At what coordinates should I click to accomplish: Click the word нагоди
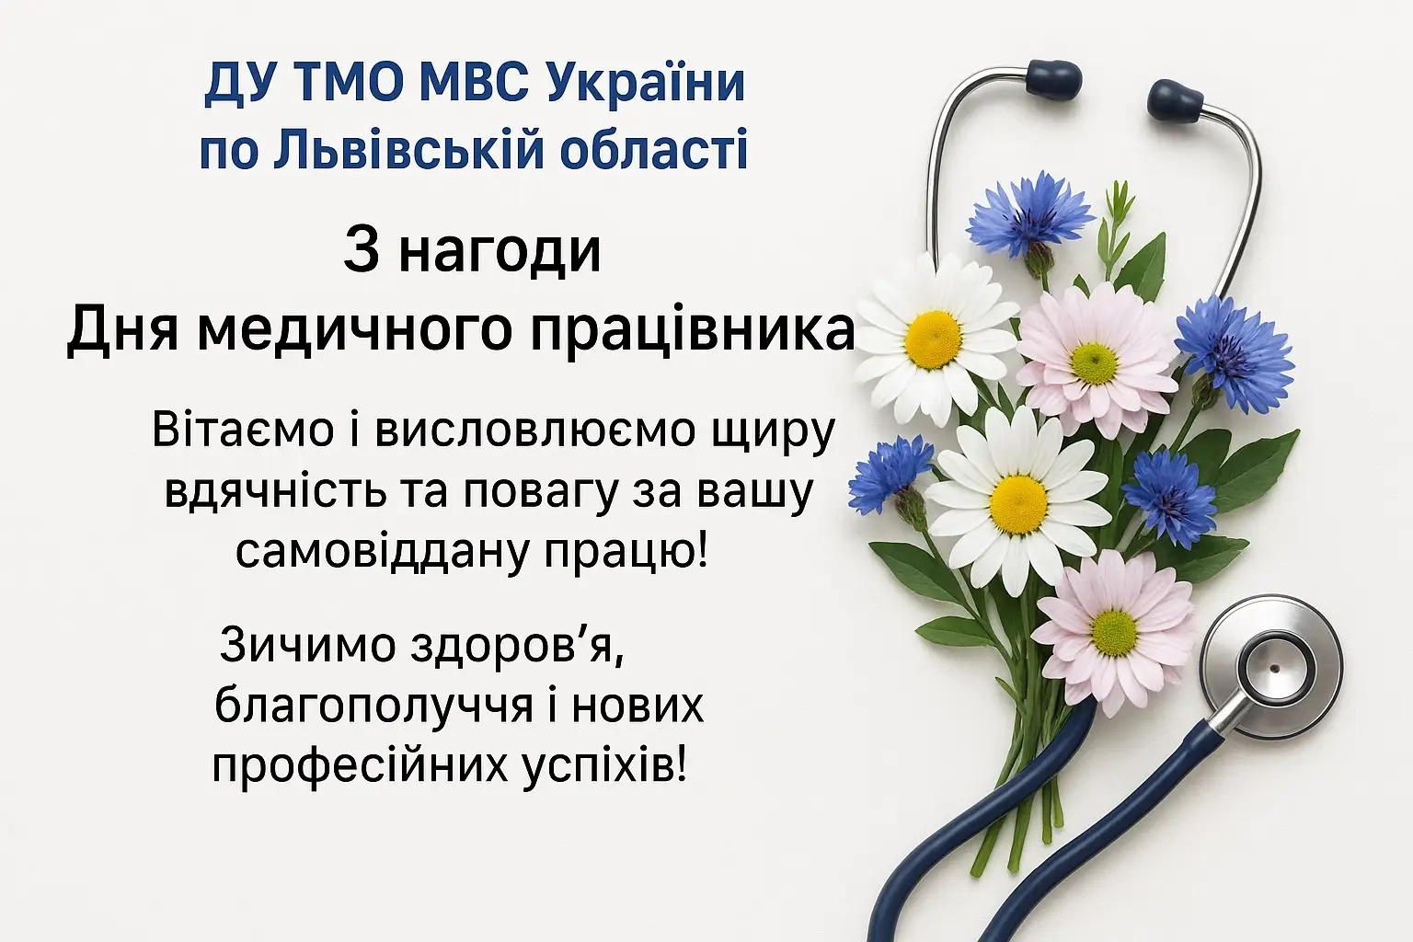(500, 252)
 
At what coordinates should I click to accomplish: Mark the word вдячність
(275, 492)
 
